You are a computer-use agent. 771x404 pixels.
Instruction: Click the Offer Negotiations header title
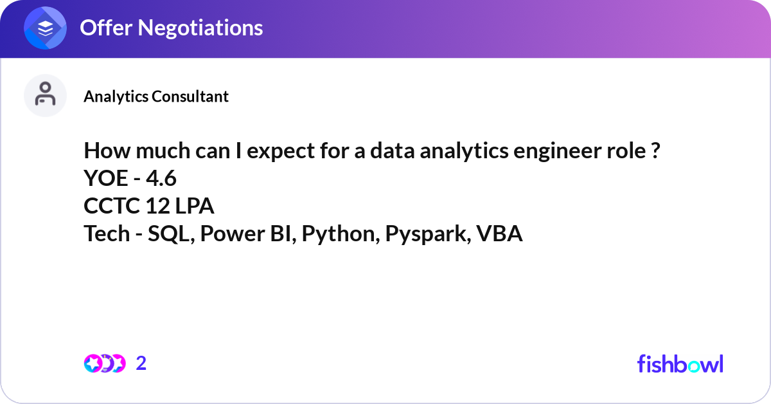click(171, 28)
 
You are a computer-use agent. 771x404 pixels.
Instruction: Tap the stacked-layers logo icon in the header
click(46, 28)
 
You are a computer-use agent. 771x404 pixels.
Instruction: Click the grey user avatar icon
click(45, 95)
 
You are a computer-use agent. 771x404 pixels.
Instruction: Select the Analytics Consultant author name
click(156, 96)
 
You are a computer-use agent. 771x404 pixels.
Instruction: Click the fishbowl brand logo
click(680, 363)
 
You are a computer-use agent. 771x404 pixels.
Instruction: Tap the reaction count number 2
click(141, 363)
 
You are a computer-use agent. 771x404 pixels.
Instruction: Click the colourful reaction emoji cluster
click(104, 363)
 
